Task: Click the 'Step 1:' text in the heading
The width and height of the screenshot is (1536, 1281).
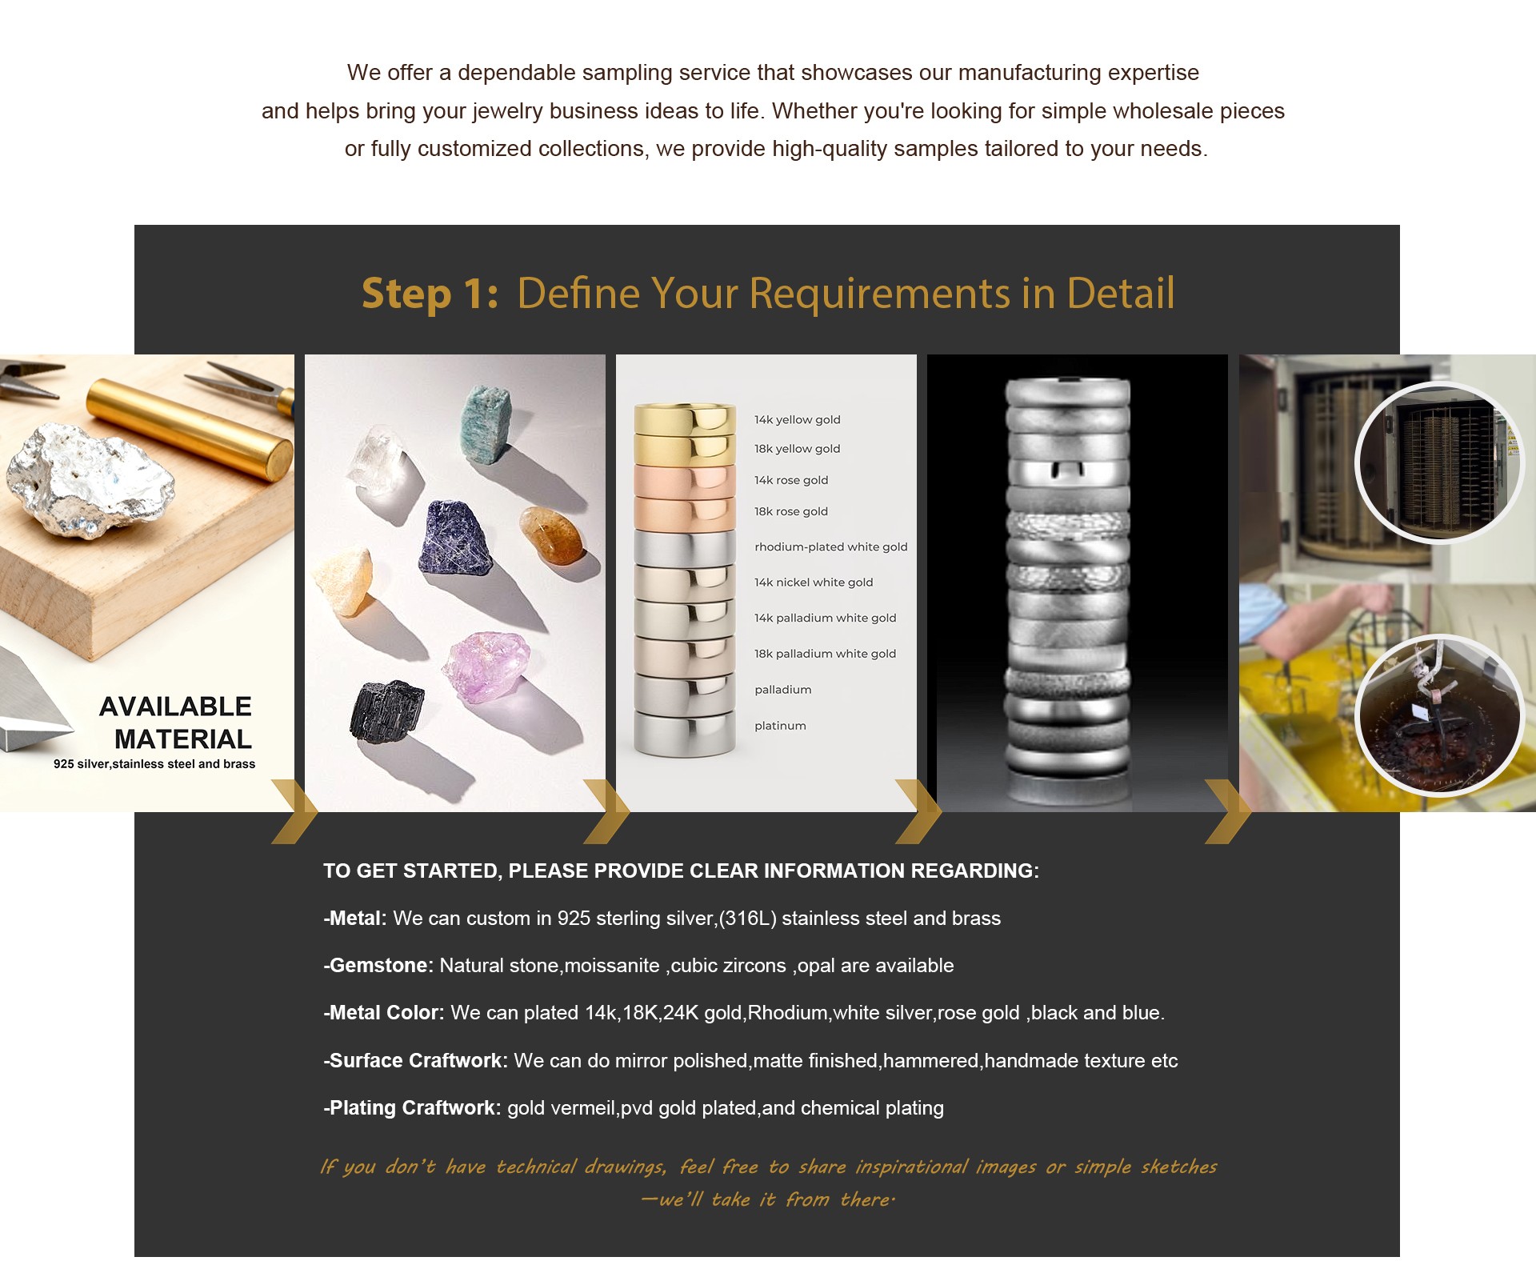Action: tap(430, 294)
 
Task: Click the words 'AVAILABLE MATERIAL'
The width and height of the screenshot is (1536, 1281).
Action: tap(176, 723)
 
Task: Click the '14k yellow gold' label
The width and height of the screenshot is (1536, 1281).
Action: tap(797, 420)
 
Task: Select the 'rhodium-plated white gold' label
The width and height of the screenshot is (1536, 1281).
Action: tap(830, 547)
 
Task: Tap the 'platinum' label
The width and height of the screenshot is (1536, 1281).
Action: tap(780, 726)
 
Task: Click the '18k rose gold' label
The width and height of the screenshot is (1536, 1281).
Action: tap(790, 511)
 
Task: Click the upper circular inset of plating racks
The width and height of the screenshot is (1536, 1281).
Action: tap(1439, 463)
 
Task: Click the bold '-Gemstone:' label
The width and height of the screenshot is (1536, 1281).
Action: tap(378, 966)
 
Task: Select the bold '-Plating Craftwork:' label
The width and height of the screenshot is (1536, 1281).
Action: tap(412, 1108)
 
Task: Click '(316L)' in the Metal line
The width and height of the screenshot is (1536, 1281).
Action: tap(747, 919)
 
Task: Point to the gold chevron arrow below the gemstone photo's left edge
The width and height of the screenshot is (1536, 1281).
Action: tap(294, 812)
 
